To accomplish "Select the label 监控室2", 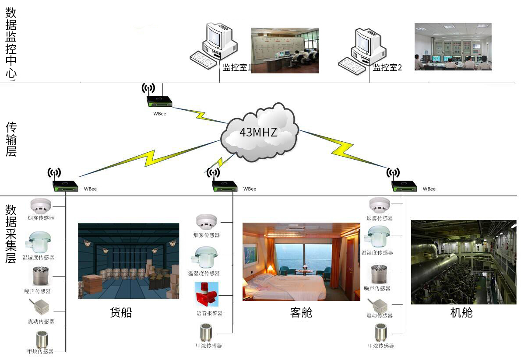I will click(x=387, y=67).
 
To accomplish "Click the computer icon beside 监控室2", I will click(x=362, y=48).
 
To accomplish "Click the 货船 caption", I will click(x=120, y=312).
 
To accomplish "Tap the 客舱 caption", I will click(x=301, y=312).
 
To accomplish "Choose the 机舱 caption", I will click(x=461, y=312).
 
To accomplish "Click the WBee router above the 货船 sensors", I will click(x=65, y=184).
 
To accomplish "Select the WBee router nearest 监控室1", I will click(x=158, y=101).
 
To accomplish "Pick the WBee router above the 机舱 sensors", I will click(x=403, y=184).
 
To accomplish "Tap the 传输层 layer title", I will click(x=11, y=139).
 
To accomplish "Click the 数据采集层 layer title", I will click(x=11, y=234).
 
